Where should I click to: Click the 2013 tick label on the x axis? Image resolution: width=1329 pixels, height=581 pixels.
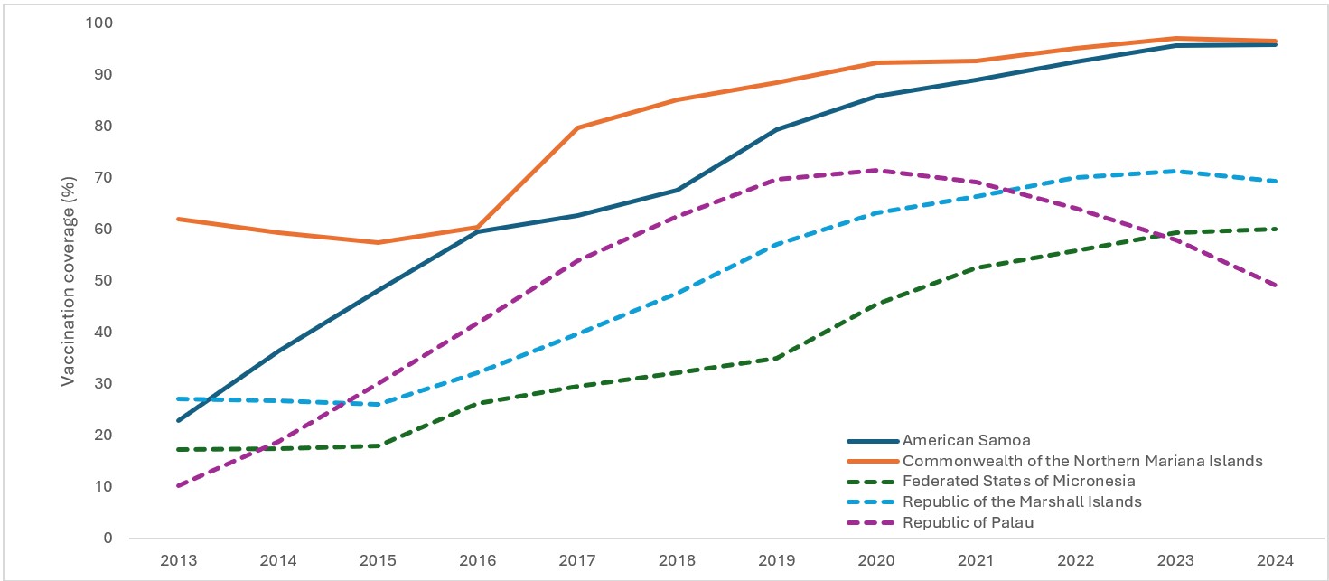[x=179, y=559]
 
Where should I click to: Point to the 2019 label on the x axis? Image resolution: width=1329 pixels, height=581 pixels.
[x=776, y=559]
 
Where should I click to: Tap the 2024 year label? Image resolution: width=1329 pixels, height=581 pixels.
[x=1275, y=559]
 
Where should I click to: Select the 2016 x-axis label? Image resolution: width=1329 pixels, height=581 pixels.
[x=478, y=559]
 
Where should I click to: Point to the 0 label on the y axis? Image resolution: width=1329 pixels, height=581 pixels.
[x=108, y=539]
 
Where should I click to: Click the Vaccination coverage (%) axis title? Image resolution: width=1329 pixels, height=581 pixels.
[x=69, y=280]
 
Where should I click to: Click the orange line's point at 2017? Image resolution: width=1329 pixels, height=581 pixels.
[x=577, y=127]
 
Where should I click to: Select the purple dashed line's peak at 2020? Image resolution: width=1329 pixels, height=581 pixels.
[x=876, y=170]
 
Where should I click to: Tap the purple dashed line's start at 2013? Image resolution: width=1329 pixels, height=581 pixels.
[x=179, y=486]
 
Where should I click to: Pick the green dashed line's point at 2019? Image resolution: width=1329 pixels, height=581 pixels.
[x=776, y=358]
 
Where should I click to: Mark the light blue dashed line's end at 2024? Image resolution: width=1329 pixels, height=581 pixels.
[x=1275, y=181]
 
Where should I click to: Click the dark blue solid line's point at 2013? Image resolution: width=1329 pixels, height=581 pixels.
[x=179, y=420]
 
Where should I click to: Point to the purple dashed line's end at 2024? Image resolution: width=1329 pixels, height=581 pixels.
[x=1275, y=286]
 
